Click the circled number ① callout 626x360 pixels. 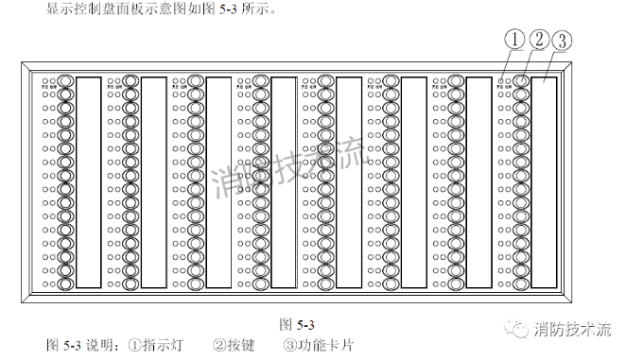click(514, 41)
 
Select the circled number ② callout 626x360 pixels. click(537, 41)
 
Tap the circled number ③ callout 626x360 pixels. click(560, 41)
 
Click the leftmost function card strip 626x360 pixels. click(88, 182)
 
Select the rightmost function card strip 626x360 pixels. click(544, 182)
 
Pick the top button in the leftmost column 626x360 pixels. click(66, 83)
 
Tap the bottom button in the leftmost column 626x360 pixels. click(66, 283)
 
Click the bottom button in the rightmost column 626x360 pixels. click(521, 283)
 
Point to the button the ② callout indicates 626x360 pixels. click(521, 83)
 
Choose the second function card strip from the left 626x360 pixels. click(153, 182)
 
